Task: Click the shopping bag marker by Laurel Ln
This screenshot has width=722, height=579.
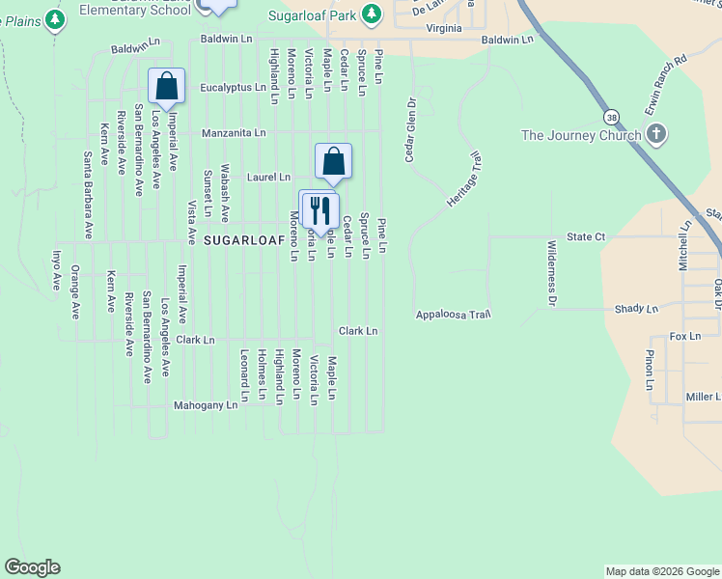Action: (333, 161)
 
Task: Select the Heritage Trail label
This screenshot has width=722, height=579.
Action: (464, 177)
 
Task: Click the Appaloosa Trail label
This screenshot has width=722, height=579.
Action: (454, 315)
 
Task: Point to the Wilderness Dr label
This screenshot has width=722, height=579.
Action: (551, 274)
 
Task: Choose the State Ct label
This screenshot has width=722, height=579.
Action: (586, 236)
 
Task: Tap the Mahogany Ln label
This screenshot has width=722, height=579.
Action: (205, 405)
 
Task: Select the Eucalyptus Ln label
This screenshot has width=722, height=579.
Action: (233, 87)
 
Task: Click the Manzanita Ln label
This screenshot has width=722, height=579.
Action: (233, 132)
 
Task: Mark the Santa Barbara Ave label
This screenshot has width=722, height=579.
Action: (87, 195)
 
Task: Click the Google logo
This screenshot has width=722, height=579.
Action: (33, 567)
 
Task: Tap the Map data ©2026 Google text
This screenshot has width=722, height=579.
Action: (661, 571)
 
